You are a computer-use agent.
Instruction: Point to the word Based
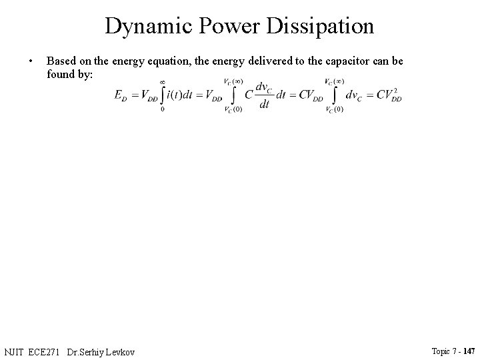(61, 61)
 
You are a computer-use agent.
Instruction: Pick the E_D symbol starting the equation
(121, 95)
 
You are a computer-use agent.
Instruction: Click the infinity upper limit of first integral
(163, 81)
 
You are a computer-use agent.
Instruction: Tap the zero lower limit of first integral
(163, 109)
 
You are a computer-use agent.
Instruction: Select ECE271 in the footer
(48, 351)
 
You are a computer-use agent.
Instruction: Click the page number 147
(469, 351)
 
